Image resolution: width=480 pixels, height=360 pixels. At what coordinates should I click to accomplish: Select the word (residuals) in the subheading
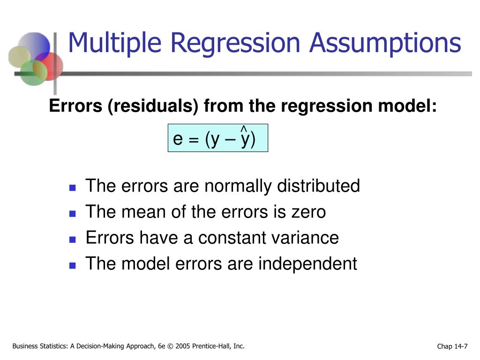tap(153, 106)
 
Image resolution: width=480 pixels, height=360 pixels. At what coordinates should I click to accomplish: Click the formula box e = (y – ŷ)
tap(218, 138)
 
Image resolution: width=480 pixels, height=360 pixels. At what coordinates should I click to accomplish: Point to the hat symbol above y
tap(244, 128)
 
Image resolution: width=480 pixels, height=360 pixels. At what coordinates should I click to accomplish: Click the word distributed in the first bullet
tap(318, 186)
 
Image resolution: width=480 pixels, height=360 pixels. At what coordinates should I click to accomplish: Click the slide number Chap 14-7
tap(452, 346)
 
